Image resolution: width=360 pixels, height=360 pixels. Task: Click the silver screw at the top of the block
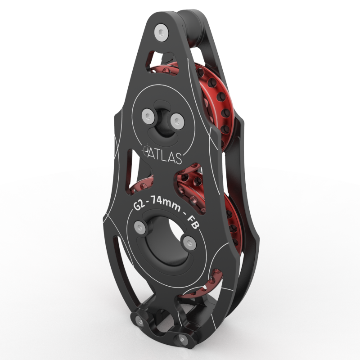161,32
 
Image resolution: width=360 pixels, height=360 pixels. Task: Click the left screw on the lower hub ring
140,228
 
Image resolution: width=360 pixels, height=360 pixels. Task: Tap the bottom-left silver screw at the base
140,322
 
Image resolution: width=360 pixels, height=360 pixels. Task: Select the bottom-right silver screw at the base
182,338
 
